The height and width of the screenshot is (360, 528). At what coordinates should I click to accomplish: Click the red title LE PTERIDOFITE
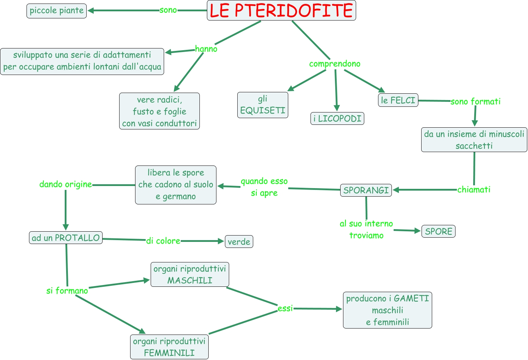tap(281, 11)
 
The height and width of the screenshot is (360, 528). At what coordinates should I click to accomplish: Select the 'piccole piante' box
tap(57, 11)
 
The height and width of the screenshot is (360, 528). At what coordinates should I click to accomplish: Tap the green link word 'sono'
tap(168, 10)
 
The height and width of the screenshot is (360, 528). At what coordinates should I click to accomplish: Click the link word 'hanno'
tap(206, 49)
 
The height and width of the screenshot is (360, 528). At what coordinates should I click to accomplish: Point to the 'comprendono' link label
tap(335, 64)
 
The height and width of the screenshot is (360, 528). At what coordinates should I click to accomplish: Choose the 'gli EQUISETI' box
tap(262, 105)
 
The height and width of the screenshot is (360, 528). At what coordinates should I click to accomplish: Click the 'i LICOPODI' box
tap(337, 118)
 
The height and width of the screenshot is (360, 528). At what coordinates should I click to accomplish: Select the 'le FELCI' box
tap(398, 100)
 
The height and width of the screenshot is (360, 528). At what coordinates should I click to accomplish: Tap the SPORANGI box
tap(366, 190)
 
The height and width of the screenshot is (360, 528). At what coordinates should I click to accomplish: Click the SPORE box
tap(438, 232)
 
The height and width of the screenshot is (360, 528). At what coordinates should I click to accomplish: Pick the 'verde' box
tap(239, 242)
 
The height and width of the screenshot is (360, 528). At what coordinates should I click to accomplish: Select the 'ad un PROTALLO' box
tap(66, 238)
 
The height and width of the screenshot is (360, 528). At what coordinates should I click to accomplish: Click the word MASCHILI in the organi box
tap(190, 280)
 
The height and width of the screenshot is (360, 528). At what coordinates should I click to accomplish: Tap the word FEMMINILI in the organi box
tap(169, 353)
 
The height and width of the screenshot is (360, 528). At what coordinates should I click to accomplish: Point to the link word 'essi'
tap(285, 308)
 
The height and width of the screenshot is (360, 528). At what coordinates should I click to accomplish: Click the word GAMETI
tap(411, 298)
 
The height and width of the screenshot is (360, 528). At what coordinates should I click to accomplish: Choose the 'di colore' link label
tap(163, 241)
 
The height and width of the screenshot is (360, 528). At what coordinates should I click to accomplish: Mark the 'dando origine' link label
tap(65, 184)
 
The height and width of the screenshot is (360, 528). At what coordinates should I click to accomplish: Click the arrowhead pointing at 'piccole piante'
tap(91, 11)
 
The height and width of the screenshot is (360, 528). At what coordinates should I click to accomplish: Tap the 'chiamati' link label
tap(474, 190)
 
